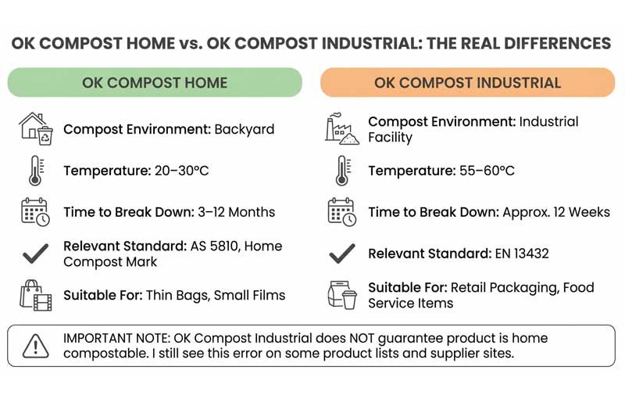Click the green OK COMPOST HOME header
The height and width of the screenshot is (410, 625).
[x=155, y=82]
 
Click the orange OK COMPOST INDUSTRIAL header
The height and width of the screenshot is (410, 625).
[x=467, y=82]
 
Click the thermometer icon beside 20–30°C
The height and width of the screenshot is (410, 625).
[x=35, y=171]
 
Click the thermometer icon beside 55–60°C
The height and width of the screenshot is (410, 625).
[x=341, y=171]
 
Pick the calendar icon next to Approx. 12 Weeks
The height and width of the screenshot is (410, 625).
[x=341, y=212]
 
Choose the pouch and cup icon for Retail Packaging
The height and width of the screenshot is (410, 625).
[x=341, y=295]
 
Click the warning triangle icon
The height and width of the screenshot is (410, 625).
[x=35, y=345]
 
